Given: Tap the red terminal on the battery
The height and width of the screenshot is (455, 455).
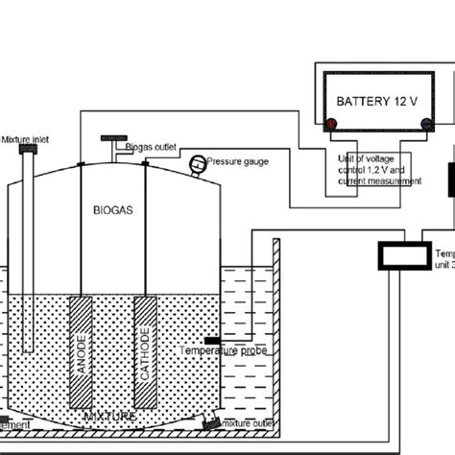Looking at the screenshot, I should (330, 123).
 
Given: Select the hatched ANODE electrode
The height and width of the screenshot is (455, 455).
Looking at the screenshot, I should (81, 340).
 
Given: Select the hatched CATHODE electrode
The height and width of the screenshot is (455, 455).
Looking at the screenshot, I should (146, 340).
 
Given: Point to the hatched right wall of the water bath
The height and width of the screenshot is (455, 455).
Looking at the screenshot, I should (275, 326).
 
